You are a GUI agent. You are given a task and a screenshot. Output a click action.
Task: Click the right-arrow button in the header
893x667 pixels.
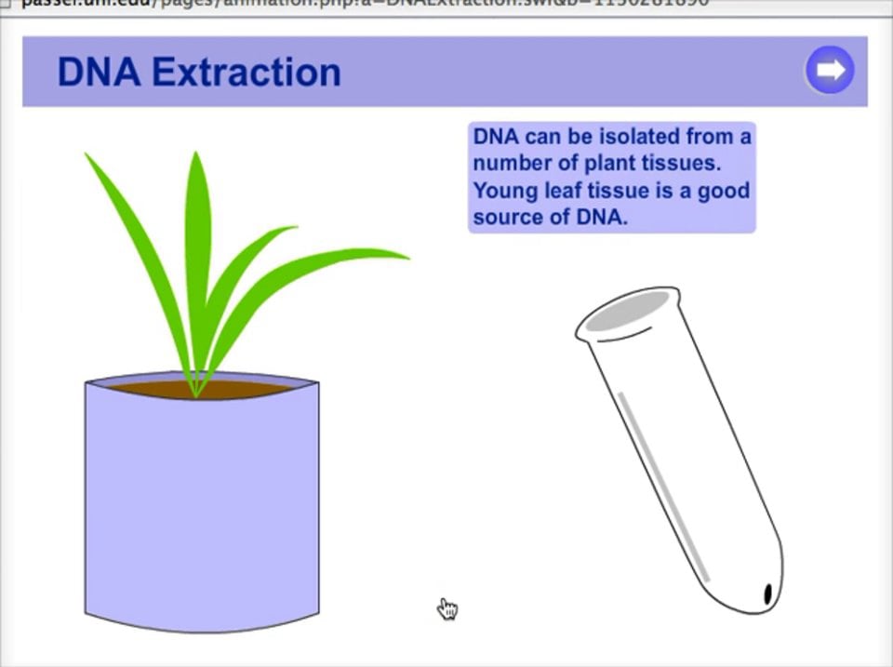point(830,71)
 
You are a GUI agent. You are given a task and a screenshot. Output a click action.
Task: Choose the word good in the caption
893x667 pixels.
point(723,191)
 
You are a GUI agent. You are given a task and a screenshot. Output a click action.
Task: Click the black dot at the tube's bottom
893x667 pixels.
point(769,594)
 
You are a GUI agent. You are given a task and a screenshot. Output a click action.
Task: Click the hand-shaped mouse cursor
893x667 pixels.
point(448,609)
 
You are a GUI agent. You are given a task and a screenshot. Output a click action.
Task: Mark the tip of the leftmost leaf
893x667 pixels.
point(87,155)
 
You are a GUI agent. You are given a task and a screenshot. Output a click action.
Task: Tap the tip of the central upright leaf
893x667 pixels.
point(195,154)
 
